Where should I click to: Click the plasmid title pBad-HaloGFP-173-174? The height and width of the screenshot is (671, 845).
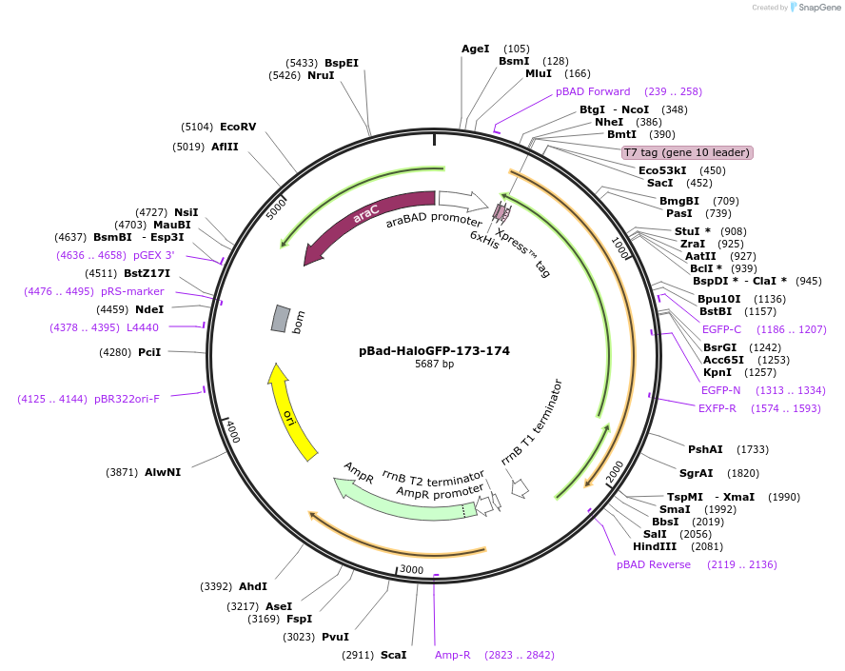coord(434,350)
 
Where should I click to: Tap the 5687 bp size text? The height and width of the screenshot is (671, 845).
coord(434,365)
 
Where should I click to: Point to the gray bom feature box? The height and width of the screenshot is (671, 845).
coord(280,319)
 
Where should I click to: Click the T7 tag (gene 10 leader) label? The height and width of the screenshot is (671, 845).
coord(687,152)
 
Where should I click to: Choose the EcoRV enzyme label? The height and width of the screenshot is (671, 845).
coord(238,127)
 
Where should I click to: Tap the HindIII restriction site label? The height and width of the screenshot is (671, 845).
coord(655,546)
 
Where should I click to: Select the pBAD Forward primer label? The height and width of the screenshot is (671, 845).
coord(593,91)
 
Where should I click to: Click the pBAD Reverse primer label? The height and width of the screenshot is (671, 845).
coord(654,564)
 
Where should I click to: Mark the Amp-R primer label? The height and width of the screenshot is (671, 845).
coord(453,655)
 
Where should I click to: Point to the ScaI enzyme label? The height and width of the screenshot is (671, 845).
coord(393,655)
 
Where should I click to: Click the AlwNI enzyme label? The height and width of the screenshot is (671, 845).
coord(163,471)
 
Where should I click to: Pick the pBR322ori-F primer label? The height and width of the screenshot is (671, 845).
coord(127,399)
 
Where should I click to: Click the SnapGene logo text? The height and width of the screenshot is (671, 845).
coord(818,8)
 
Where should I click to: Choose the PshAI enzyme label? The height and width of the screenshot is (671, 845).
coord(705,449)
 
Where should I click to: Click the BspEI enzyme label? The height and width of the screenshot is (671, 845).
coord(342,63)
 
